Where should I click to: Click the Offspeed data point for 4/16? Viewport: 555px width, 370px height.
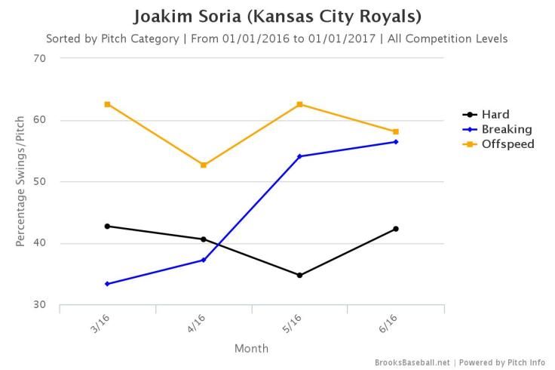point(204,165)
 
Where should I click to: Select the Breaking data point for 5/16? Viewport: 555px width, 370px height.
point(299,156)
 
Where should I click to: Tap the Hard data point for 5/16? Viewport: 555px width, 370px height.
point(299,275)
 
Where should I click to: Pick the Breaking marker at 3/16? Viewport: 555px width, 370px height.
point(108,284)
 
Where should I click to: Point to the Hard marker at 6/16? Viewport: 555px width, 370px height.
point(395,229)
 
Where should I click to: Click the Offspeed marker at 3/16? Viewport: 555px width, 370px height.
point(108,104)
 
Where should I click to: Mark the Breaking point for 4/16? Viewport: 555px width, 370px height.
point(204,260)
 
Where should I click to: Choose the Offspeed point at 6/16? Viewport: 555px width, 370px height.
point(395,131)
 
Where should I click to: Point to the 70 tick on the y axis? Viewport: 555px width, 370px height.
point(40,58)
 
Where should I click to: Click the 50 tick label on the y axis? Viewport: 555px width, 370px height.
point(40,182)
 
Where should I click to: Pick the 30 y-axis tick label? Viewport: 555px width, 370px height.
point(40,305)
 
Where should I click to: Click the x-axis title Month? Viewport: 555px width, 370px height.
point(251,349)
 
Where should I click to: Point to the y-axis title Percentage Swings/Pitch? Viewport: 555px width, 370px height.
point(20,181)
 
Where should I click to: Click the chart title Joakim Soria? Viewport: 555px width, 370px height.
point(277,17)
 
